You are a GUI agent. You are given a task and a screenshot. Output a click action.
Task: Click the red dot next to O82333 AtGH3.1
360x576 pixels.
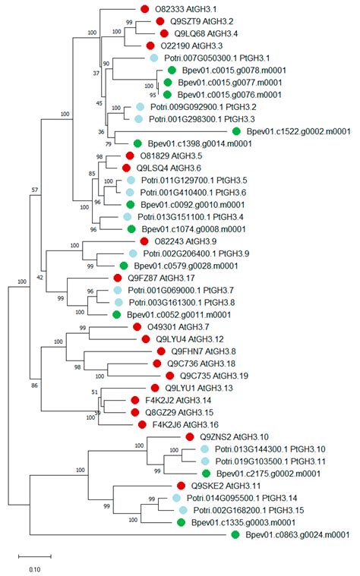[x=145, y=9]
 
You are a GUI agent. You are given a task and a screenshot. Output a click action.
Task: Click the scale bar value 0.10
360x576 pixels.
[x=35, y=568]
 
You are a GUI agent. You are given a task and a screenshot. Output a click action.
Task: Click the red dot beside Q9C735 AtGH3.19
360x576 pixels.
[x=169, y=376]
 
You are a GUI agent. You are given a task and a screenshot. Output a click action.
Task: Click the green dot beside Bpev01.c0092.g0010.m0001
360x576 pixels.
[x=131, y=204]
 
